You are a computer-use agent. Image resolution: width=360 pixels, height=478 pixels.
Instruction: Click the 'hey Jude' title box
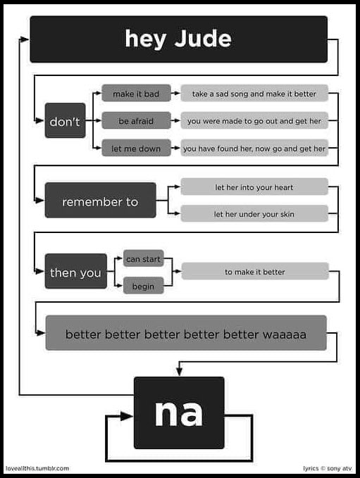click(178, 39)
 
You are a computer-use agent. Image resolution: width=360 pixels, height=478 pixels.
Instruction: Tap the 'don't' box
click(66, 120)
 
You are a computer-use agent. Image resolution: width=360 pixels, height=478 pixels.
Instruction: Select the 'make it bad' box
click(136, 94)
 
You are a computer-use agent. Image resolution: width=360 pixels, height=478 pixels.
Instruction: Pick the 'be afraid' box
click(136, 120)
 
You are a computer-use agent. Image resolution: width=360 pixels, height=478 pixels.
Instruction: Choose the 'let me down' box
click(136, 148)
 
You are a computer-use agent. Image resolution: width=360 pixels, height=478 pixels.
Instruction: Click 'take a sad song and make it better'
click(254, 94)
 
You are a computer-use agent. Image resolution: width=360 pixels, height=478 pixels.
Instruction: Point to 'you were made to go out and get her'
click(254, 120)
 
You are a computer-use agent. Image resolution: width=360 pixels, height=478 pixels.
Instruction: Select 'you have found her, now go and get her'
click(254, 148)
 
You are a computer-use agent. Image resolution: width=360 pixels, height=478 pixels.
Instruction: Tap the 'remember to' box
click(100, 201)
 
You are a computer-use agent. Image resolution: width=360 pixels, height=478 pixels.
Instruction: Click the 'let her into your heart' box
click(254, 187)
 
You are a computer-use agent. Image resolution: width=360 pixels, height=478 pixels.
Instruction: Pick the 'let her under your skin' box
click(254, 214)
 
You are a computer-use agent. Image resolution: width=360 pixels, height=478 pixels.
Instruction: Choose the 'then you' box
click(76, 271)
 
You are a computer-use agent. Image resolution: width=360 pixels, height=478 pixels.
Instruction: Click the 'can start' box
click(144, 258)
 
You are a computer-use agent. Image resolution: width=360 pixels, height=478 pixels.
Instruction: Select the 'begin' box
click(144, 286)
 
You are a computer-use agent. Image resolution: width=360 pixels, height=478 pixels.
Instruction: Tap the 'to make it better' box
click(255, 271)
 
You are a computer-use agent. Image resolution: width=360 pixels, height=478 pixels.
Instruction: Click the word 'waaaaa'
click(285, 334)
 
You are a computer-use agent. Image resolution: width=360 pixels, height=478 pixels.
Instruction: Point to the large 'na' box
click(179, 413)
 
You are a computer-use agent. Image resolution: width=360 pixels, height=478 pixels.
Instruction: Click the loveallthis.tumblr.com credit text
click(37, 468)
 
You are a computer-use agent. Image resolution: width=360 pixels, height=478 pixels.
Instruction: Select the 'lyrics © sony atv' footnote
click(328, 468)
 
